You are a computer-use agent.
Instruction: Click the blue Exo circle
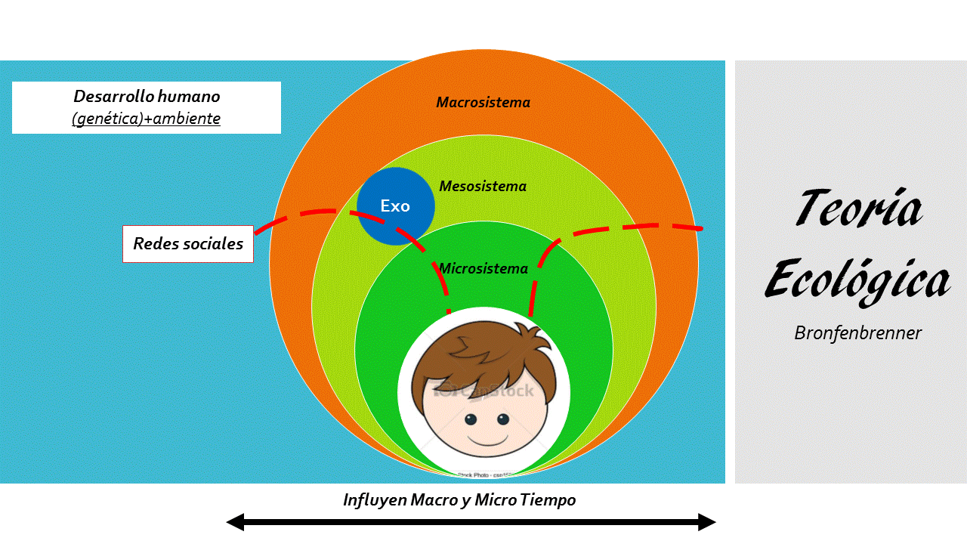[395, 206]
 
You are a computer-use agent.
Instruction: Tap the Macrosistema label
[483, 102]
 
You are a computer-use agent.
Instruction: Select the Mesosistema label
[483, 186]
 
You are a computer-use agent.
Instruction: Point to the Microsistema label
[483, 268]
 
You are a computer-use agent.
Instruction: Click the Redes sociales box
[188, 243]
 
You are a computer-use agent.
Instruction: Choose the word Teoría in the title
[858, 208]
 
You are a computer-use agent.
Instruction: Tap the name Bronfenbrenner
[857, 332]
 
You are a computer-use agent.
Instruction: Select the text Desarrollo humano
[147, 97]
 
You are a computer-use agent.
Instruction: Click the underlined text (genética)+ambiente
[147, 119]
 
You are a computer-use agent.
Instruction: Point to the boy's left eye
[470, 419]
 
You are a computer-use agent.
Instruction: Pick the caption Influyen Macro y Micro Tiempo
[459, 500]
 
